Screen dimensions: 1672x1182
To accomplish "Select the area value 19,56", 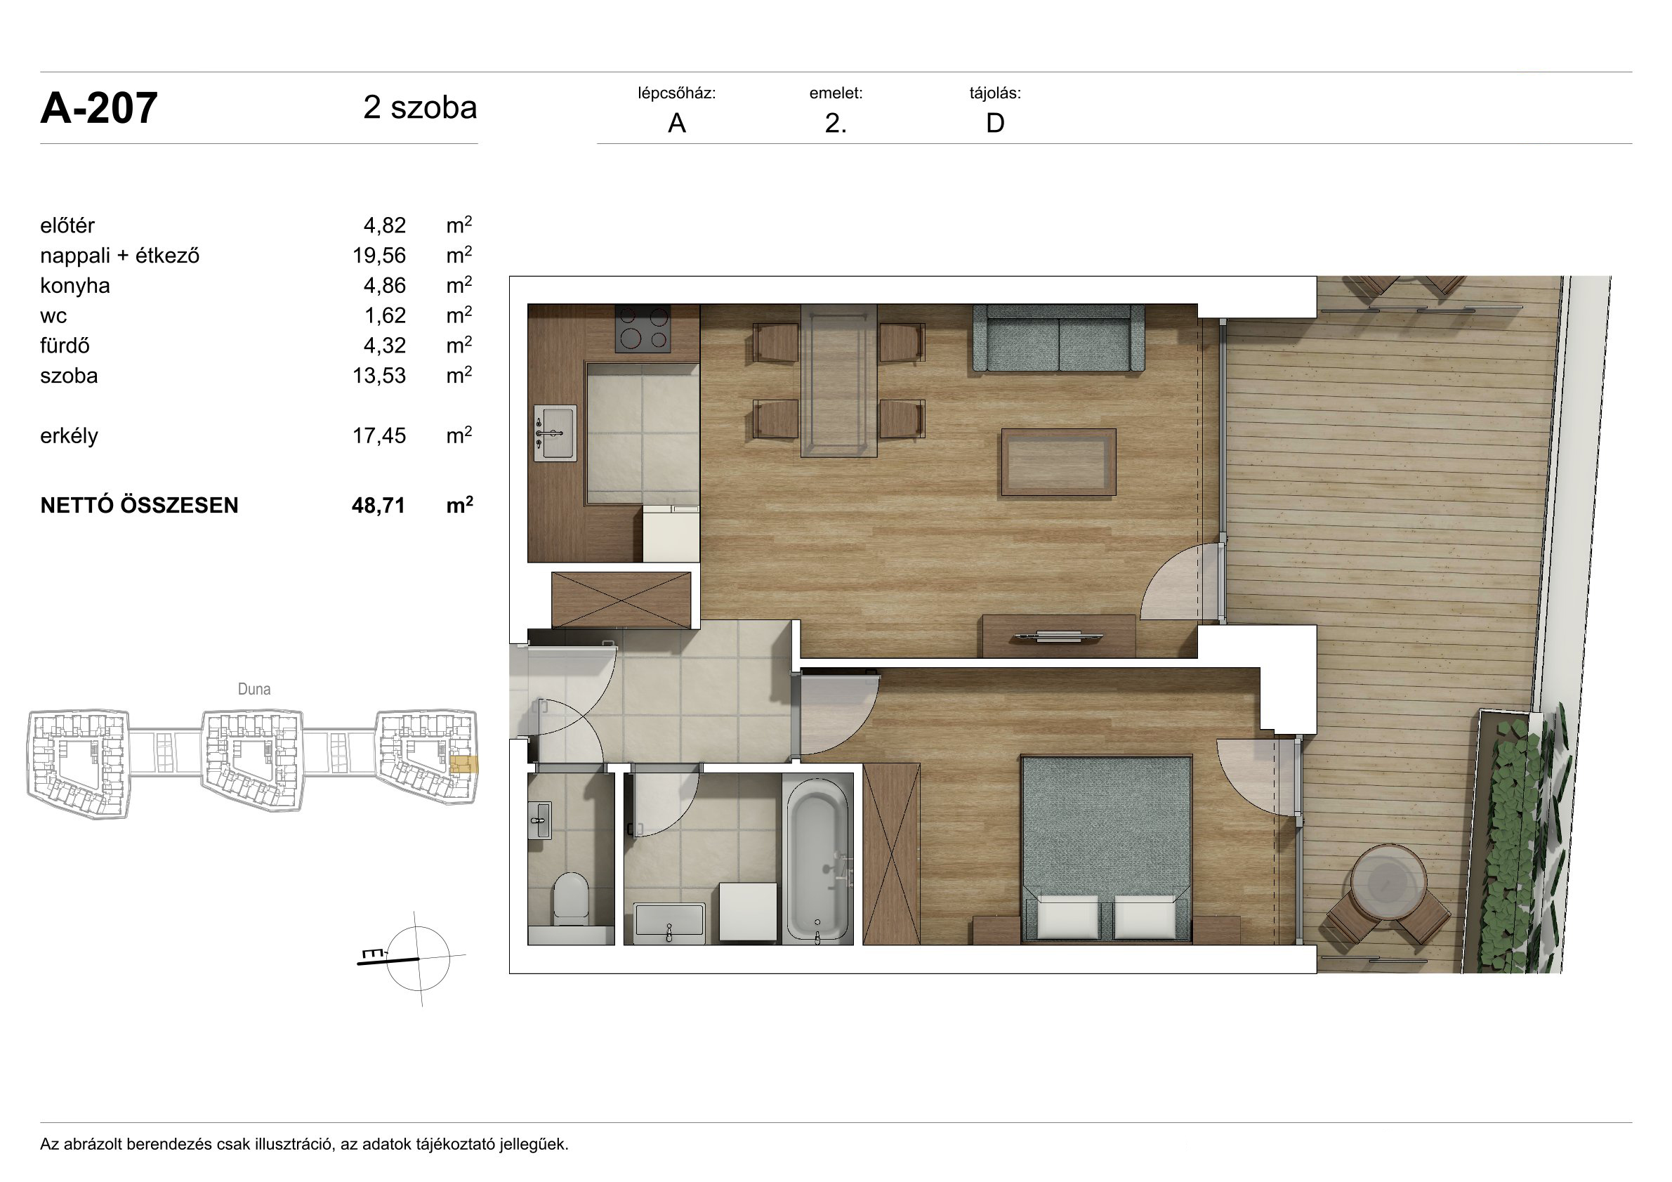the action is coord(378,256).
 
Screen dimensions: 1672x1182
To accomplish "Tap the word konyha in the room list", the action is coord(75,285).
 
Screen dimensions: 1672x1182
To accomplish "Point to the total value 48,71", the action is coord(378,506).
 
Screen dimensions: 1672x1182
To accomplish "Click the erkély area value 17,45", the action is coord(378,435).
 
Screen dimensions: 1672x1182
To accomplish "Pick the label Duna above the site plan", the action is coord(254,689).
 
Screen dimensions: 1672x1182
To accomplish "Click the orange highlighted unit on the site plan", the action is coord(463,765).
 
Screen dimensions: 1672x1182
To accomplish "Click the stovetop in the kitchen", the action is coord(643,329).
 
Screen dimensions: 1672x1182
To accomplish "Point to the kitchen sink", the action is coord(555,433).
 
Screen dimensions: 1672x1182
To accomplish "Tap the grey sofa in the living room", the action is coord(1058,339).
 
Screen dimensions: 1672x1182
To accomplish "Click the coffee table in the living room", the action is coord(1058,462).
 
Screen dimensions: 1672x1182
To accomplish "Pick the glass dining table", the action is coord(838,381).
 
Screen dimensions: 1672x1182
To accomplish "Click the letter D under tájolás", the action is coord(995,124).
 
